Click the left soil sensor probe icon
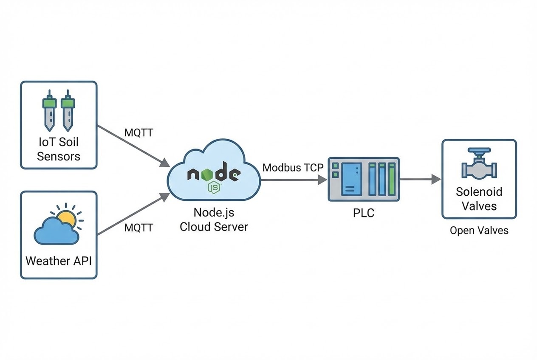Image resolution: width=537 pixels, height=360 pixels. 50,111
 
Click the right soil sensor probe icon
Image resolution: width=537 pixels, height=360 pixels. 68,111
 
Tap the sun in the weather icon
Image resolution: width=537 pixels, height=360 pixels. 67,219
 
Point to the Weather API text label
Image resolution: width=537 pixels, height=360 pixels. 59,260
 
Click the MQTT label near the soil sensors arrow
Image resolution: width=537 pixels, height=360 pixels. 138,132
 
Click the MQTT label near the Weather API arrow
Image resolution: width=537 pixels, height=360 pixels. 138,228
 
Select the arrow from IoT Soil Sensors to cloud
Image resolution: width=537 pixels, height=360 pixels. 132,144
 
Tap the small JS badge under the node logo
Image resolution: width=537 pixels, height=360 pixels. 214,186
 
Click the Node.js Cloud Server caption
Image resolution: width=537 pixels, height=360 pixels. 214,219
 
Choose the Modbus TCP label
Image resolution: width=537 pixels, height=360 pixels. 293,167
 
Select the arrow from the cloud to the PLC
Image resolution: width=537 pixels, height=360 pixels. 293,180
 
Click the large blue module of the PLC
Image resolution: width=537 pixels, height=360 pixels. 351,179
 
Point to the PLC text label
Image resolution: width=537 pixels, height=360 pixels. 364,213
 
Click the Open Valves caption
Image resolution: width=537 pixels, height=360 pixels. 479,231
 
